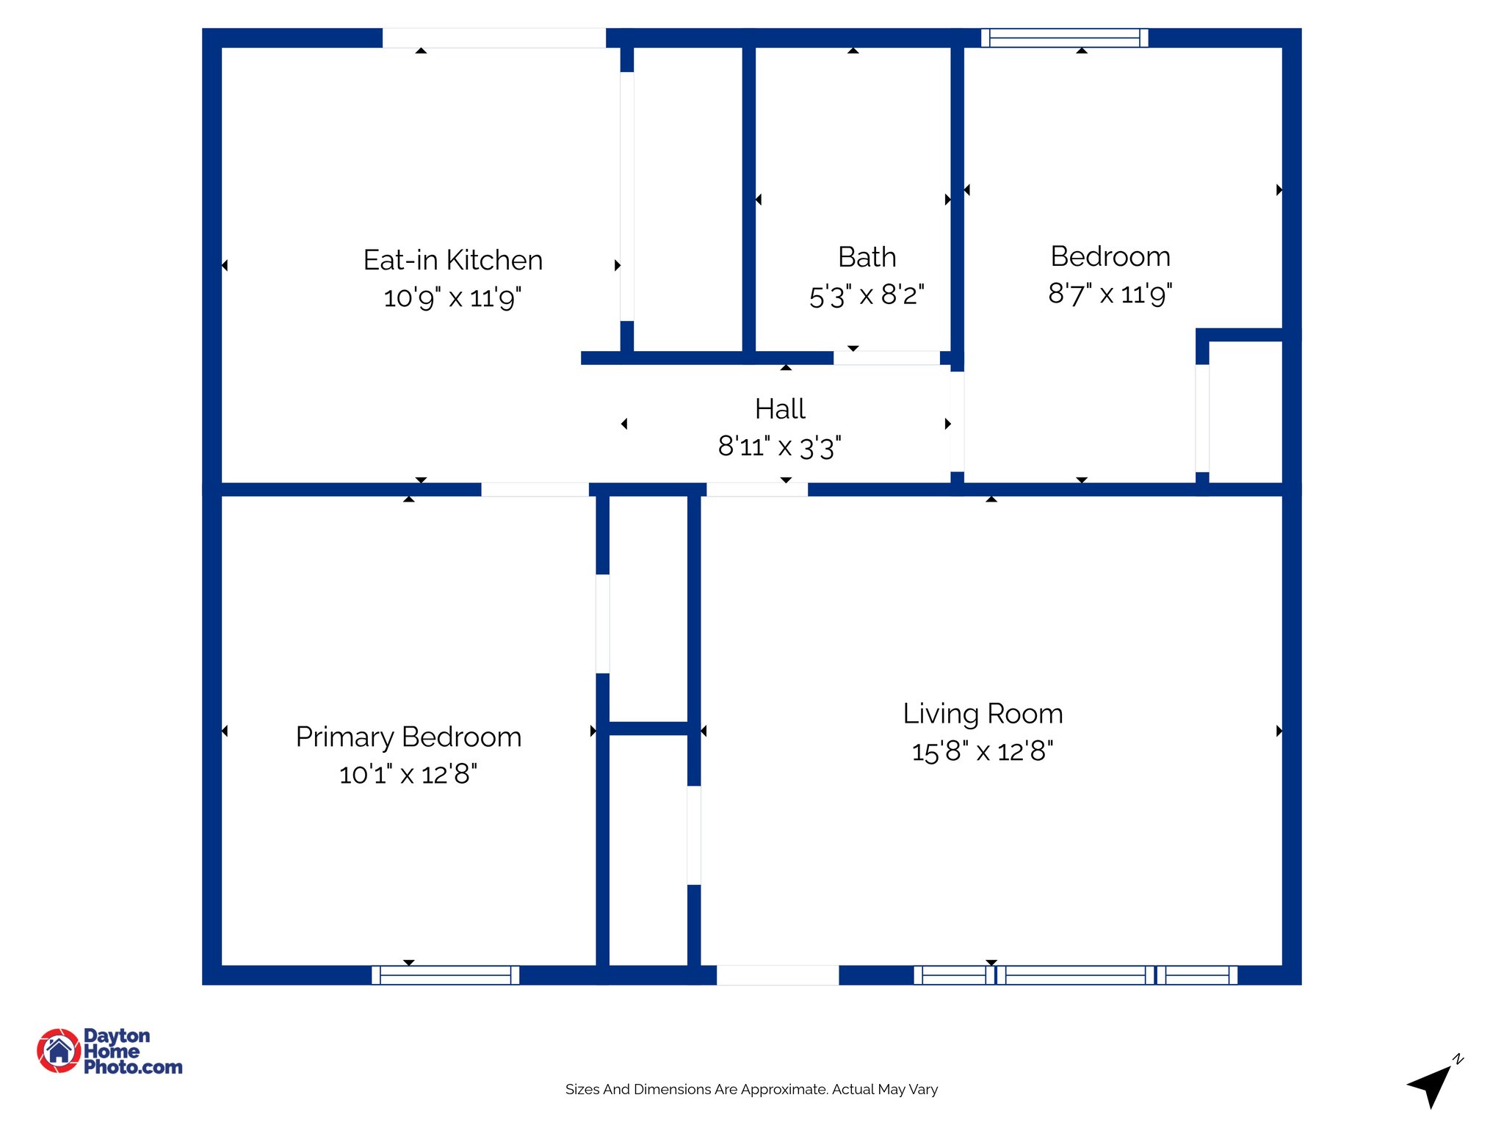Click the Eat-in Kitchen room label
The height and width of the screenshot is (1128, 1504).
coord(452,260)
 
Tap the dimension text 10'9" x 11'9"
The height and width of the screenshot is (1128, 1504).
coord(452,297)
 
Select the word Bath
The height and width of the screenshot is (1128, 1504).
coord(867,257)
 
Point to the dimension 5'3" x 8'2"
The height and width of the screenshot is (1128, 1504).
coord(867,295)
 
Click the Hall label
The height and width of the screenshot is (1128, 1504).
coord(780,409)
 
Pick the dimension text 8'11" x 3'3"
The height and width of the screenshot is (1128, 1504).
coord(780,446)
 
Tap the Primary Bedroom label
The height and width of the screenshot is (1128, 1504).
coord(408,737)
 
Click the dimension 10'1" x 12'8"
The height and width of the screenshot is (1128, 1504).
coord(408,774)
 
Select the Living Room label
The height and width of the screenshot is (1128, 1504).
coord(983,714)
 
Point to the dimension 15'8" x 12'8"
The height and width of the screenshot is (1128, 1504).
coord(983,751)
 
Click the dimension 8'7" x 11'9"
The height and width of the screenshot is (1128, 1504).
coord(1110,294)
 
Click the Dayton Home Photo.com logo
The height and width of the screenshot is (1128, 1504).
coord(110,1051)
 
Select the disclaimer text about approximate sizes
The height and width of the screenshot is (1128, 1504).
coord(751,1089)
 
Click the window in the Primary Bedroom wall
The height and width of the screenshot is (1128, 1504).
coord(445,975)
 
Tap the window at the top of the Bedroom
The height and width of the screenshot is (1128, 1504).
coord(1064,37)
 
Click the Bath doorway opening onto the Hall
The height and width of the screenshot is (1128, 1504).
coord(886,358)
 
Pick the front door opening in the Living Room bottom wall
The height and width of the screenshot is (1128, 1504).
coord(777,975)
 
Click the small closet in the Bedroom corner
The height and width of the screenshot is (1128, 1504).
coord(1245,411)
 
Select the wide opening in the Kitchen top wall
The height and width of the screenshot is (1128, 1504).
coord(493,37)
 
